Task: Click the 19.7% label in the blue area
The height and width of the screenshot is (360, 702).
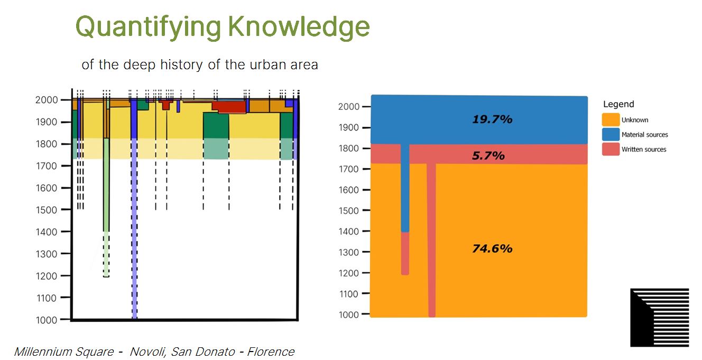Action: (x=492, y=119)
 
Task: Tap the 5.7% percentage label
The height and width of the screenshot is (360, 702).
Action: (x=488, y=155)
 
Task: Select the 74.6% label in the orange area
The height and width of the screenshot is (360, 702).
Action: (x=492, y=248)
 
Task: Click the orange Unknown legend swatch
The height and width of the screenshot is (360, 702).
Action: (x=611, y=119)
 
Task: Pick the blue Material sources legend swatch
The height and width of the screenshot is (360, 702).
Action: (x=611, y=134)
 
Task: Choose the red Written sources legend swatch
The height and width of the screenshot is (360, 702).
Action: (x=611, y=149)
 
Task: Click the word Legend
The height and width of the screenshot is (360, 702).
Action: (x=618, y=104)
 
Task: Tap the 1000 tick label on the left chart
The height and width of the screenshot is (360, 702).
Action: (x=47, y=320)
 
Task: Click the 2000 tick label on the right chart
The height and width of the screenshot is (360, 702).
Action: (x=348, y=107)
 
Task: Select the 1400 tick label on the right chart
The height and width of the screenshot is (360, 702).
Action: (x=348, y=232)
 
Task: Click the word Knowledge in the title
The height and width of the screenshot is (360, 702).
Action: (x=299, y=26)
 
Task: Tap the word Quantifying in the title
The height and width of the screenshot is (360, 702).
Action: (x=148, y=27)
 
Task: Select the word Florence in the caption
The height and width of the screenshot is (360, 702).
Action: (x=271, y=352)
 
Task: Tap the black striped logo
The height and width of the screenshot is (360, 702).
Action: (x=659, y=317)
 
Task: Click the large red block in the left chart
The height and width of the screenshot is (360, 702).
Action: (x=229, y=107)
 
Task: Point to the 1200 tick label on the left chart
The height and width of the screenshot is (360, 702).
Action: (x=47, y=276)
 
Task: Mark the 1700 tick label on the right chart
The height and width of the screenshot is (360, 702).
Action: (x=348, y=169)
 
